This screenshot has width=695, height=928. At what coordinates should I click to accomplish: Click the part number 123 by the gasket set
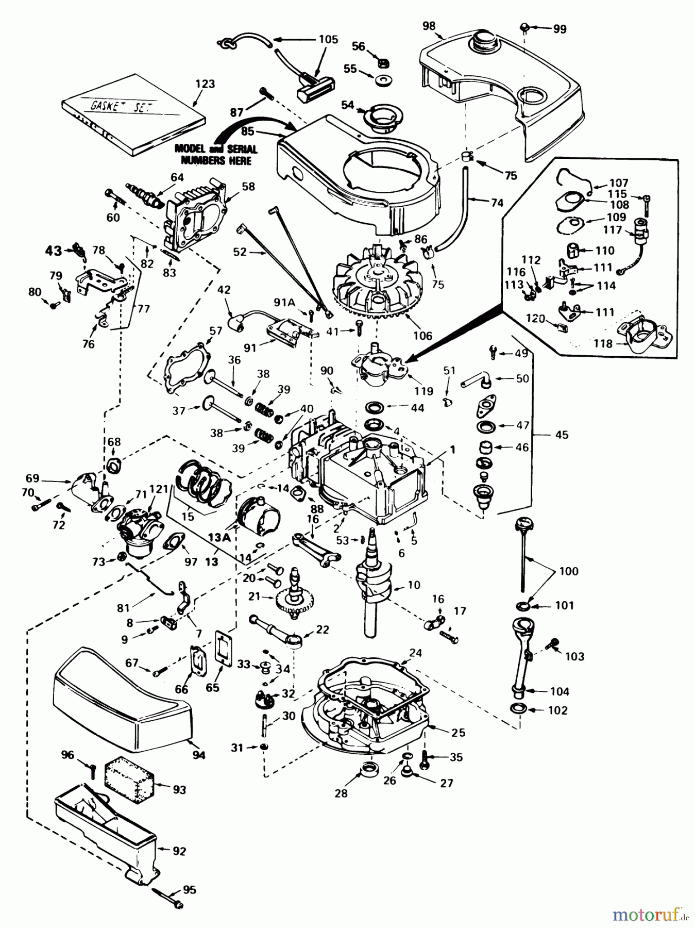[x=205, y=84]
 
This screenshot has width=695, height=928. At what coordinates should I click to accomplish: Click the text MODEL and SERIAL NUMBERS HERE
[x=216, y=154]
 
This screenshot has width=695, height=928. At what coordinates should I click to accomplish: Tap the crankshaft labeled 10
[x=376, y=588]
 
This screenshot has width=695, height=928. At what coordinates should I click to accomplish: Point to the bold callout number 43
[x=53, y=251]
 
